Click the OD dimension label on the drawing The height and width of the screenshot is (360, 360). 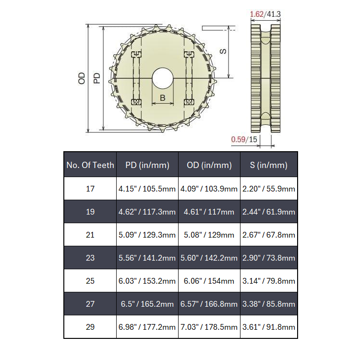[x=82, y=78]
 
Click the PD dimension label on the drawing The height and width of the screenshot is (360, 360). [x=96, y=78]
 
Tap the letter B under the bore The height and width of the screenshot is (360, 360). [x=162, y=98]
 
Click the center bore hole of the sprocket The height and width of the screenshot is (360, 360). [x=162, y=78]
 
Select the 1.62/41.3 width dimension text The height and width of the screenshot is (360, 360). [x=265, y=14]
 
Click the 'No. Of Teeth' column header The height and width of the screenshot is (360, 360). [x=90, y=165]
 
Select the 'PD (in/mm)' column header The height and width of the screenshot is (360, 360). [x=147, y=165]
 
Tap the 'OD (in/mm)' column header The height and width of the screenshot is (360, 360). [x=209, y=165]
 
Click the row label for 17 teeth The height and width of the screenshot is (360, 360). [x=90, y=189]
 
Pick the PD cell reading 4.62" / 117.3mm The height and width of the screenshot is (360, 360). [x=147, y=212]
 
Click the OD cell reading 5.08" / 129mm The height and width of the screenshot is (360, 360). [x=209, y=235]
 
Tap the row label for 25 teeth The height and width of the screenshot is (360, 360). [x=90, y=281]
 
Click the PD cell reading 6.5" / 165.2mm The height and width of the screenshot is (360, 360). [x=147, y=304]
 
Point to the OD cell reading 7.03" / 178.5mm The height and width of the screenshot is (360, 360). [x=209, y=327]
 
